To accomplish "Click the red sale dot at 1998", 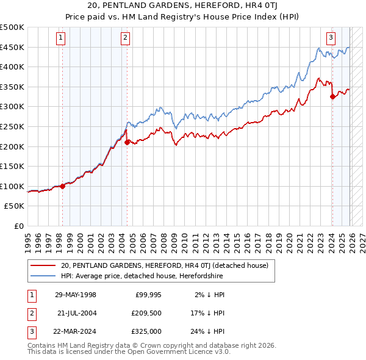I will [x=62, y=186].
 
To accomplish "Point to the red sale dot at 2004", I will [x=127, y=143].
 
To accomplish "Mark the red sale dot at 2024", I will [x=332, y=96].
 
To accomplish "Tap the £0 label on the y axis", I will [x=20, y=226].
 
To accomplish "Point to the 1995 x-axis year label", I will [x=28, y=240].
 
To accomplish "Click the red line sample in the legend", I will [x=43, y=265].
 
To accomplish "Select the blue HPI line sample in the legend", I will [x=43, y=276].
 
